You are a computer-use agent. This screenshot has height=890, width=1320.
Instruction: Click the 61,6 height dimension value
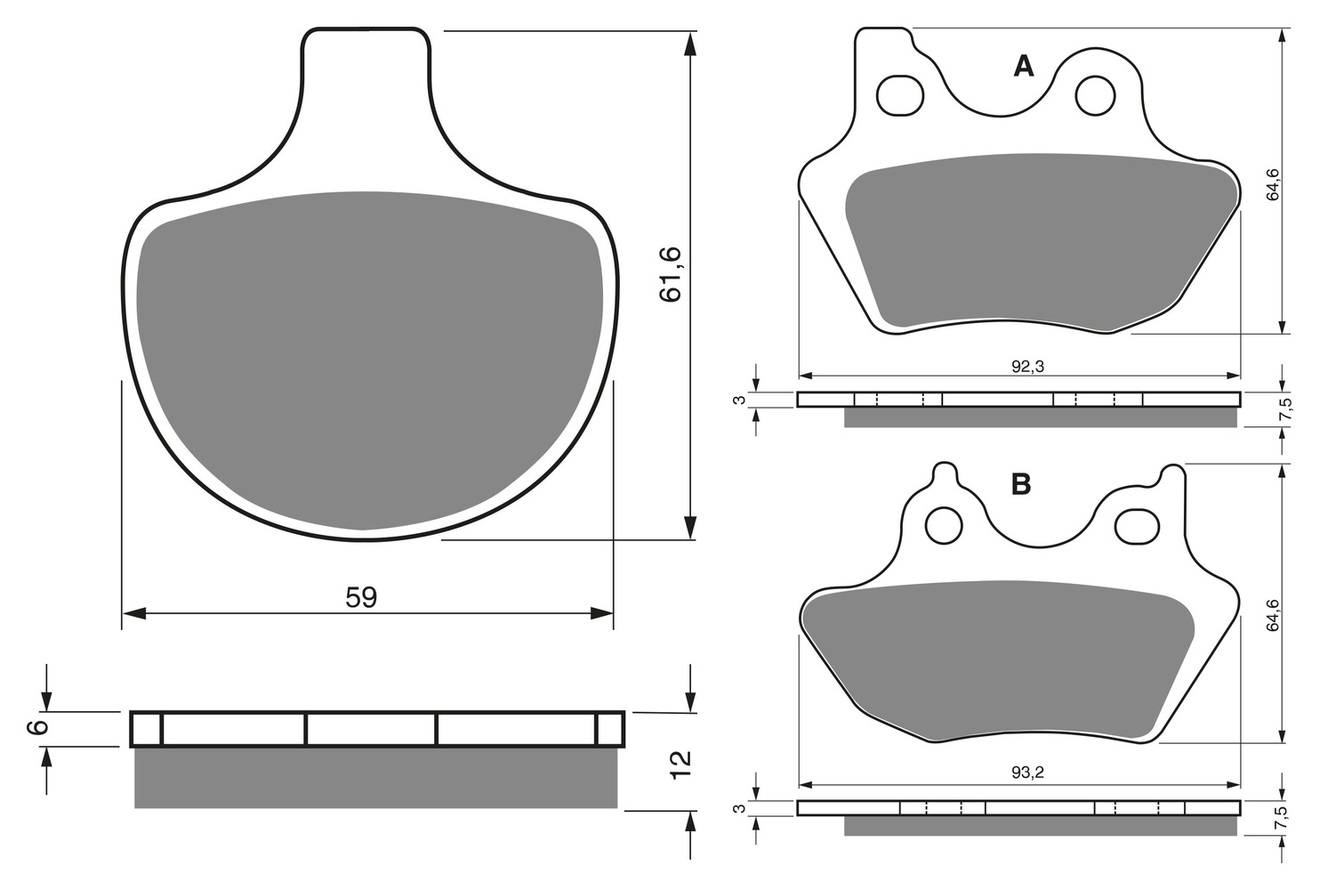click(671, 275)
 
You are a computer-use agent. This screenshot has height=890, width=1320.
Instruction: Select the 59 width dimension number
click(361, 597)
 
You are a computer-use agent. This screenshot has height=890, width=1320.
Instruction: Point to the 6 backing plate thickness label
click(36, 728)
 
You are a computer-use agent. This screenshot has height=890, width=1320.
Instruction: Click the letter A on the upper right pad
click(1024, 67)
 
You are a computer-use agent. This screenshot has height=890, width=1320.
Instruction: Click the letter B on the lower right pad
click(1021, 485)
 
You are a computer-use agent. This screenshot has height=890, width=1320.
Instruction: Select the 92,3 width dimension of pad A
click(1027, 367)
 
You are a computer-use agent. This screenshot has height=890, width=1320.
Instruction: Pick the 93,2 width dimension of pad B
click(1027, 773)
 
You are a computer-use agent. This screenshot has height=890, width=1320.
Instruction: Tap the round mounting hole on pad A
click(1096, 95)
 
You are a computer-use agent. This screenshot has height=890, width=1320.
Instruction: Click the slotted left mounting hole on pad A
click(900, 95)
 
